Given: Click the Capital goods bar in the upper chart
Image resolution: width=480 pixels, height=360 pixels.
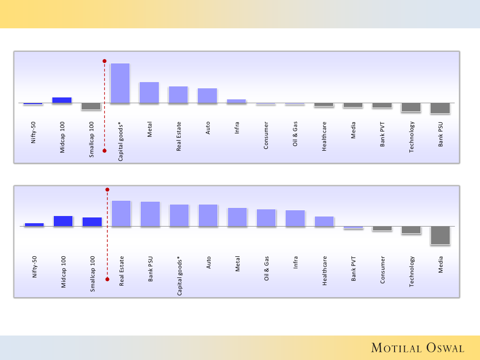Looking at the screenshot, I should (x=120, y=83).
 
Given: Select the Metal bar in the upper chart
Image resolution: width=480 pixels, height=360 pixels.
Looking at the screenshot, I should (x=149, y=92).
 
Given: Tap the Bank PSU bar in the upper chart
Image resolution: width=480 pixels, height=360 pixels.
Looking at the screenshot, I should (x=440, y=108).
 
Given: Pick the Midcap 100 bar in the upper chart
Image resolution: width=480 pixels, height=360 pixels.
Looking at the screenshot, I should (x=62, y=100).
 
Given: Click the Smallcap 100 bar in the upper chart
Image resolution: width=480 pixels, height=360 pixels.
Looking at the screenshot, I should (x=91, y=106).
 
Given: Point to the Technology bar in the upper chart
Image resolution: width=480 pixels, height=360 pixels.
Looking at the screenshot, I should (x=411, y=107).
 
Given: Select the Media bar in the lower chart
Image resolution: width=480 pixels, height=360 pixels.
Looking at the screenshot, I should (x=440, y=235).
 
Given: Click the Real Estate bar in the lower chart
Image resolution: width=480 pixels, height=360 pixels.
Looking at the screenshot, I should (x=121, y=213).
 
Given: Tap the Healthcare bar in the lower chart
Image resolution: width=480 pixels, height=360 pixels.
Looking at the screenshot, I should (x=324, y=221).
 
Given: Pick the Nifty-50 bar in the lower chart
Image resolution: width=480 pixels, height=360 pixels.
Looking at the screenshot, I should (x=34, y=224).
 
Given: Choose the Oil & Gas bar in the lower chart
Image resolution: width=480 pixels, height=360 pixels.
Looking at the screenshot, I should (x=266, y=217).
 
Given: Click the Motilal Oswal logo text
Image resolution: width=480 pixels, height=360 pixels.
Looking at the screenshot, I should (x=418, y=348).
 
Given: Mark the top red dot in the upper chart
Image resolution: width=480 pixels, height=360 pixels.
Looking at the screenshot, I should (x=104, y=61).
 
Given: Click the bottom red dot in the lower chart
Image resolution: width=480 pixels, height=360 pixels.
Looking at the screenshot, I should (x=107, y=278).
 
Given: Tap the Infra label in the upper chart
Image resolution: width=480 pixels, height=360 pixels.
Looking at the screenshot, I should (x=237, y=130).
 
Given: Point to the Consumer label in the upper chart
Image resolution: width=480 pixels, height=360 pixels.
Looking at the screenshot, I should (x=266, y=135).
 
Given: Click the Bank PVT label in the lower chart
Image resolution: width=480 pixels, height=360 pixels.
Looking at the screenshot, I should (x=354, y=269).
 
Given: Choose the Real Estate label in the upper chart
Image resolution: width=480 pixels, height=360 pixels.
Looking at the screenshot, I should (x=179, y=138).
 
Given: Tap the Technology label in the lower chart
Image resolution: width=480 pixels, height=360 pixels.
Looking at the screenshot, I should (x=411, y=272).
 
